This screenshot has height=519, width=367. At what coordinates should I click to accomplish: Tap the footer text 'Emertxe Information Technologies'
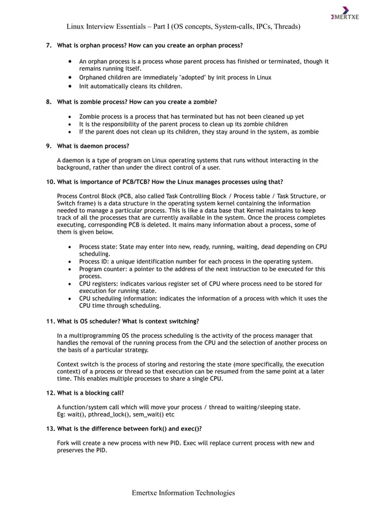coord(183,493)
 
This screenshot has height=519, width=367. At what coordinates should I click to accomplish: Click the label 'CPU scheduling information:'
coord(118,299)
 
